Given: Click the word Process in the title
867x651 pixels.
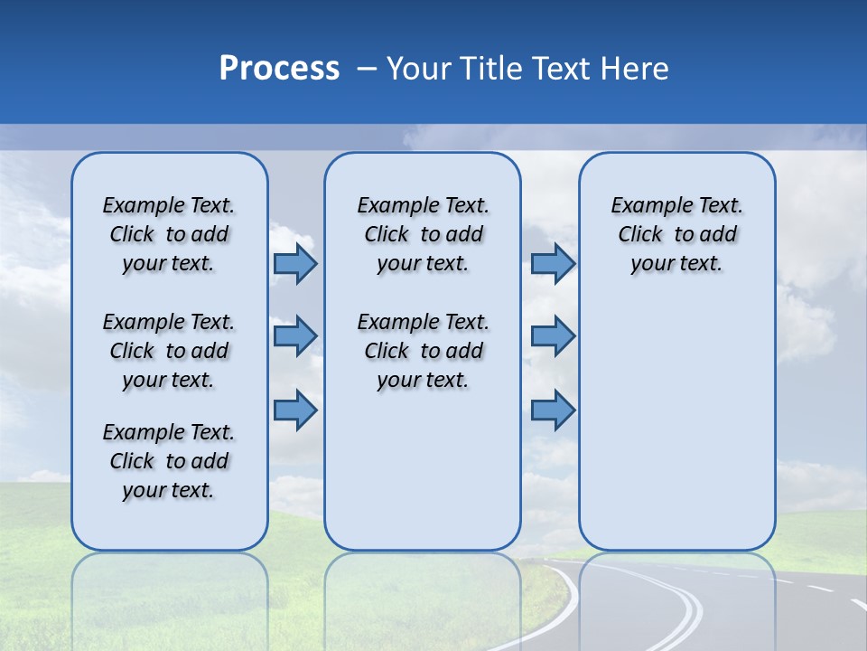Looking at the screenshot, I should [279, 68].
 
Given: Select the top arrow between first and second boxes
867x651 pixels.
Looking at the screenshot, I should [294, 264].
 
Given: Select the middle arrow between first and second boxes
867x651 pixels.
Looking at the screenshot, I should [294, 336].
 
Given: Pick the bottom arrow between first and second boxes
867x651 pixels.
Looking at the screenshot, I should [294, 410].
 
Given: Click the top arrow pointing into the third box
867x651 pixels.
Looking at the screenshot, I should [553, 264].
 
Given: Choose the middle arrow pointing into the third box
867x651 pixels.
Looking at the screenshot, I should [553, 336].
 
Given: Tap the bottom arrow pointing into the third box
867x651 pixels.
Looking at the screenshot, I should [553, 410].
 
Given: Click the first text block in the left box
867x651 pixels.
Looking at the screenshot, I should [169, 234].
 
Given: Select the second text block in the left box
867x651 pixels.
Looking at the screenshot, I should [169, 351].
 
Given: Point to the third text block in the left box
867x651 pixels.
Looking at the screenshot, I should [169, 461].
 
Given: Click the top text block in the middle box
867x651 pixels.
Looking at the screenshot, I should [423, 234].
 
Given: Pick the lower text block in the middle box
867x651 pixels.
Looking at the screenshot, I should [423, 351].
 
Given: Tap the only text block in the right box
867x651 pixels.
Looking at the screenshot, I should [676, 234].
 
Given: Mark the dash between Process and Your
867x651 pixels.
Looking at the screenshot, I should [367, 69].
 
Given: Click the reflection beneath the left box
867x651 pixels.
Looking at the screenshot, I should [169, 597].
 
